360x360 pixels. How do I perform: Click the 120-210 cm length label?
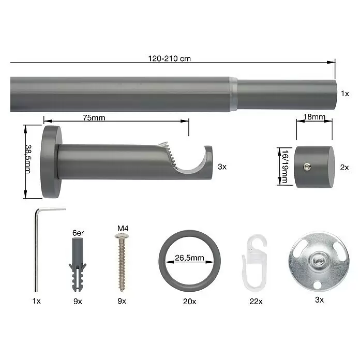pos(170,58)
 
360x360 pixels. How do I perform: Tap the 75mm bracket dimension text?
pos(94,118)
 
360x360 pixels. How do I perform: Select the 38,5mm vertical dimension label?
pos(28,159)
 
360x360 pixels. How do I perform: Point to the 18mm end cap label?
pos(314,117)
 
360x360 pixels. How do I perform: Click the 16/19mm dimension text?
pos(285,167)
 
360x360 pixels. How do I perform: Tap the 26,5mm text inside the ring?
pos(189,258)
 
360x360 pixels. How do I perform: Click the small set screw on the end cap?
pos(307,167)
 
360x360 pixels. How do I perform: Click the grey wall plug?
pos(78,264)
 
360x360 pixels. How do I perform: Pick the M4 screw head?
pos(122,236)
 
